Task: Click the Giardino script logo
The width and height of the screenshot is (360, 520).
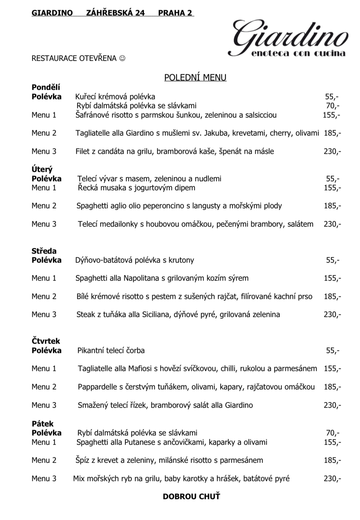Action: click(x=288, y=38)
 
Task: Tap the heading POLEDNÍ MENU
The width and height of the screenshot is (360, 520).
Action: click(x=195, y=77)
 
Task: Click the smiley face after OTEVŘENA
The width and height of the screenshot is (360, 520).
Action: click(x=122, y=58)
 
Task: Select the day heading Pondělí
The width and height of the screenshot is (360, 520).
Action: click(x=46, y=87)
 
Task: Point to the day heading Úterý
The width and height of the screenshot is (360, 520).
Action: click(x=42, y=169)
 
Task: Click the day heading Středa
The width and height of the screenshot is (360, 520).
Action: click(x=44, y=251)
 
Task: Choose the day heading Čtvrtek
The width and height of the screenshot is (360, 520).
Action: click(x=46, y=341)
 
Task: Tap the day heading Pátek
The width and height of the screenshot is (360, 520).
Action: click(x=43, y=424)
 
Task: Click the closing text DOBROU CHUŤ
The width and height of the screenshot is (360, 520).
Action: click(x=191, y=496)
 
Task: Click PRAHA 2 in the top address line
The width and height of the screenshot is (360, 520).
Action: click(x=175, y=13)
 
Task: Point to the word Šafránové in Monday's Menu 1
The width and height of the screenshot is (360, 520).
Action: click(x=92, y=115)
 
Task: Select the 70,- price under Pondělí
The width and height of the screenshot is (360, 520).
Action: click(x=332, y=106)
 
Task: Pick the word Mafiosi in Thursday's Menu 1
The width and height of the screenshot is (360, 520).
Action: click(x=140, y=369)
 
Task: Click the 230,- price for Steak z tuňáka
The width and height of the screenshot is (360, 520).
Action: click(x=332, y=315)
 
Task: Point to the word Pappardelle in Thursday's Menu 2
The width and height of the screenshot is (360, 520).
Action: click(x=97, y=387)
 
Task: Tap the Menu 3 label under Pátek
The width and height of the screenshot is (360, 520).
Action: click(x=44, y=479)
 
